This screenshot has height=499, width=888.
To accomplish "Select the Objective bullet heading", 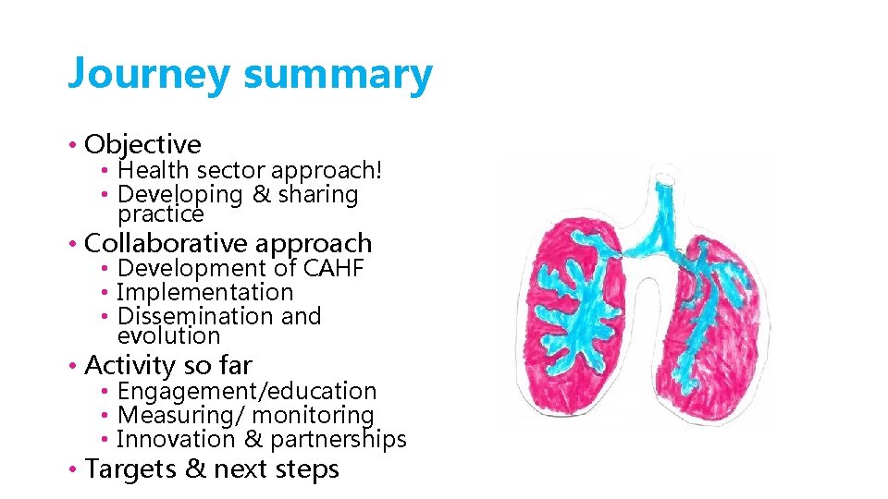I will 142,144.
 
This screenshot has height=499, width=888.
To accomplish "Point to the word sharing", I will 314,194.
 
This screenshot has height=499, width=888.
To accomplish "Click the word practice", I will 160,213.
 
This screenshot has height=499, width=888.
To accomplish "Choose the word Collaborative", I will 165,243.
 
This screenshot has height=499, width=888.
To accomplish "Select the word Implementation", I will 205,292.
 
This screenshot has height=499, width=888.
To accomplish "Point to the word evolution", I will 168,335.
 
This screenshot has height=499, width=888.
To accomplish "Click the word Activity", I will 130,365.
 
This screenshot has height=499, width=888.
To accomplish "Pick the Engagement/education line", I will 247,391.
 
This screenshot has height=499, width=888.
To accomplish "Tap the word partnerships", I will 338,440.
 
